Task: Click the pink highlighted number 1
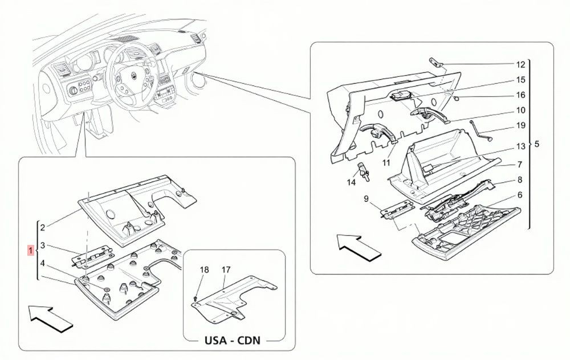(31, 250)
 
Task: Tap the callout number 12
(520, 65)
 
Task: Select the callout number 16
(520, 95)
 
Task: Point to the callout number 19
(520, 125)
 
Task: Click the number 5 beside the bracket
(537, 144)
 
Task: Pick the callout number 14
(351, 182)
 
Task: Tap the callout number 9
(366, 199)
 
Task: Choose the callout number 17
(226, 270)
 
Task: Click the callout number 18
(204, 270)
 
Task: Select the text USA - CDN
(233, 341)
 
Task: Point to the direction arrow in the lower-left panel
(51, 318)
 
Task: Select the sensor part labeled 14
(364, 171)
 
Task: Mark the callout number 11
(386, 163)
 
